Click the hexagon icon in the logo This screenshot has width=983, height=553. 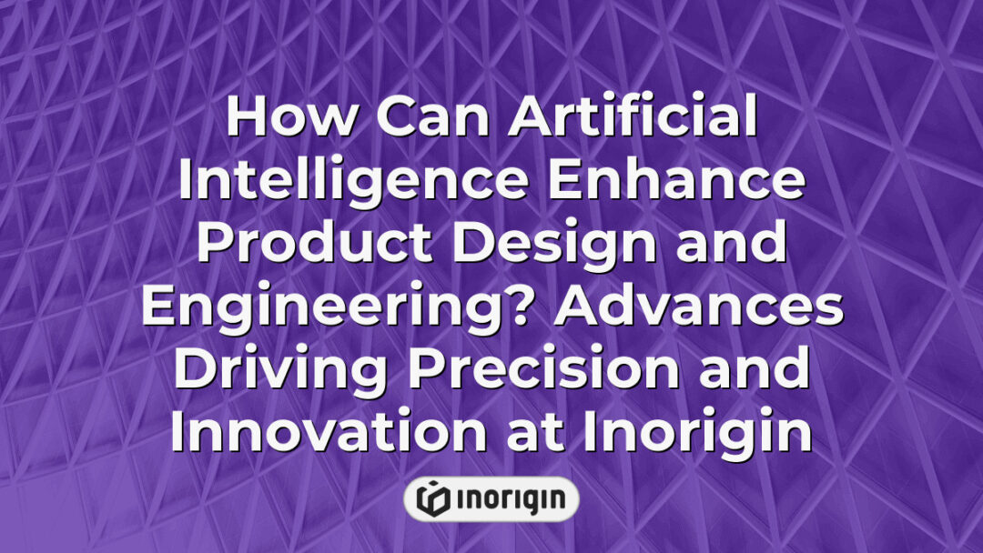(433, 498)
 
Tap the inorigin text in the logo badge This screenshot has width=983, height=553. (510, 498)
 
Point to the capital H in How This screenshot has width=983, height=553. (245, 119)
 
